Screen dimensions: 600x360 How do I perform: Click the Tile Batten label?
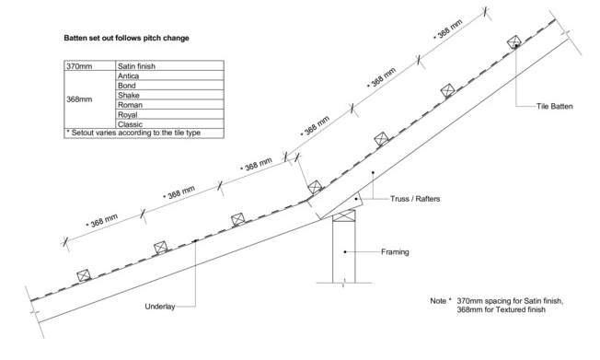pos(555,107)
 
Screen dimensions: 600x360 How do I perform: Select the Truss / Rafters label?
pos(415,199)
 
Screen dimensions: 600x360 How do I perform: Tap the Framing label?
pos(395,252)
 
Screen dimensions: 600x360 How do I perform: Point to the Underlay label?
pos(160,307)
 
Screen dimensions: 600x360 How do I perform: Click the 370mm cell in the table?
pos(89,65)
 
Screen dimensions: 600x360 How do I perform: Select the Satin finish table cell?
pos(169,65)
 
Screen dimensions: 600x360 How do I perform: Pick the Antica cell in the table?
pos(169,75)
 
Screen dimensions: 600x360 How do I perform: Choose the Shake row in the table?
pos(169,95)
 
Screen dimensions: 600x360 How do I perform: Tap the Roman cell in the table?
pos(169,105)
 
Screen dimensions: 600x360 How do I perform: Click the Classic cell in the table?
pos(169,123)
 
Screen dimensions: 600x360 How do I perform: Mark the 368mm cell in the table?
pos(89,99)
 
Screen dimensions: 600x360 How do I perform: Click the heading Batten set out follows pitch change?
pos(126,38)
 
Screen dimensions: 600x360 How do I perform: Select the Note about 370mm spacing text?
pos(497,306)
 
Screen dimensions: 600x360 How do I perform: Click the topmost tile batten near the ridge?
pos(514,41)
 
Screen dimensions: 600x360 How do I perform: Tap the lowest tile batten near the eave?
pos(84,275)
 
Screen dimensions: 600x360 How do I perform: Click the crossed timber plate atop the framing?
pos(343,216)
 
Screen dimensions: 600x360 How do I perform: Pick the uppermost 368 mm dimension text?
pos(448,29)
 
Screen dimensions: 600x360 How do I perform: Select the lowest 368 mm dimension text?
pos(102,220)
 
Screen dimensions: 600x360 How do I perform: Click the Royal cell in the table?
pos(169,114)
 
